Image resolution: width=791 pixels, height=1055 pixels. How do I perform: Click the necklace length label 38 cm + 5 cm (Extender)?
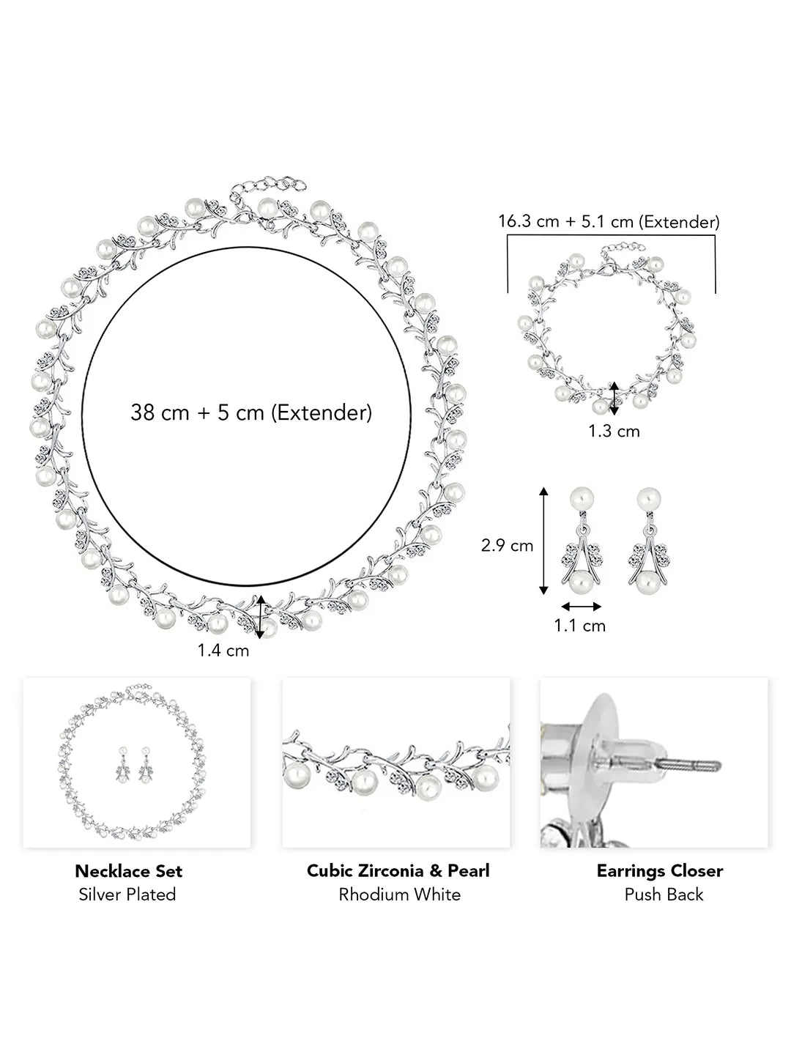[251, 413]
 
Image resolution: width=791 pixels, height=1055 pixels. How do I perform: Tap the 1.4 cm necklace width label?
[223, 651]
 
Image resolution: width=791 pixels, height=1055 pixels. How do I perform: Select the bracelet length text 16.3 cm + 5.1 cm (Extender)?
[609, 221]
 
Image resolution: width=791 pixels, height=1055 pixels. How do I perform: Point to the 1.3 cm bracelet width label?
[614, 431]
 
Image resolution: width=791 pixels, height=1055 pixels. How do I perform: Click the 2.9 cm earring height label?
[507, 546]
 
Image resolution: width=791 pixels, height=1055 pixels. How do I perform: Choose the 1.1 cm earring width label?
[579, 626]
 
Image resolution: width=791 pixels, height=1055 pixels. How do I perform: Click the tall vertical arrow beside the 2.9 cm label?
[543, 541]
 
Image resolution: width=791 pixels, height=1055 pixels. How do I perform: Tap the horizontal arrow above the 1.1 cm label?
[581, 607]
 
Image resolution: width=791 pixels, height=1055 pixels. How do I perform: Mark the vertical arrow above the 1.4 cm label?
[260, 617]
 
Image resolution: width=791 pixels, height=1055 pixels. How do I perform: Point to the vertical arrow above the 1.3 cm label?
[614, 399]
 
